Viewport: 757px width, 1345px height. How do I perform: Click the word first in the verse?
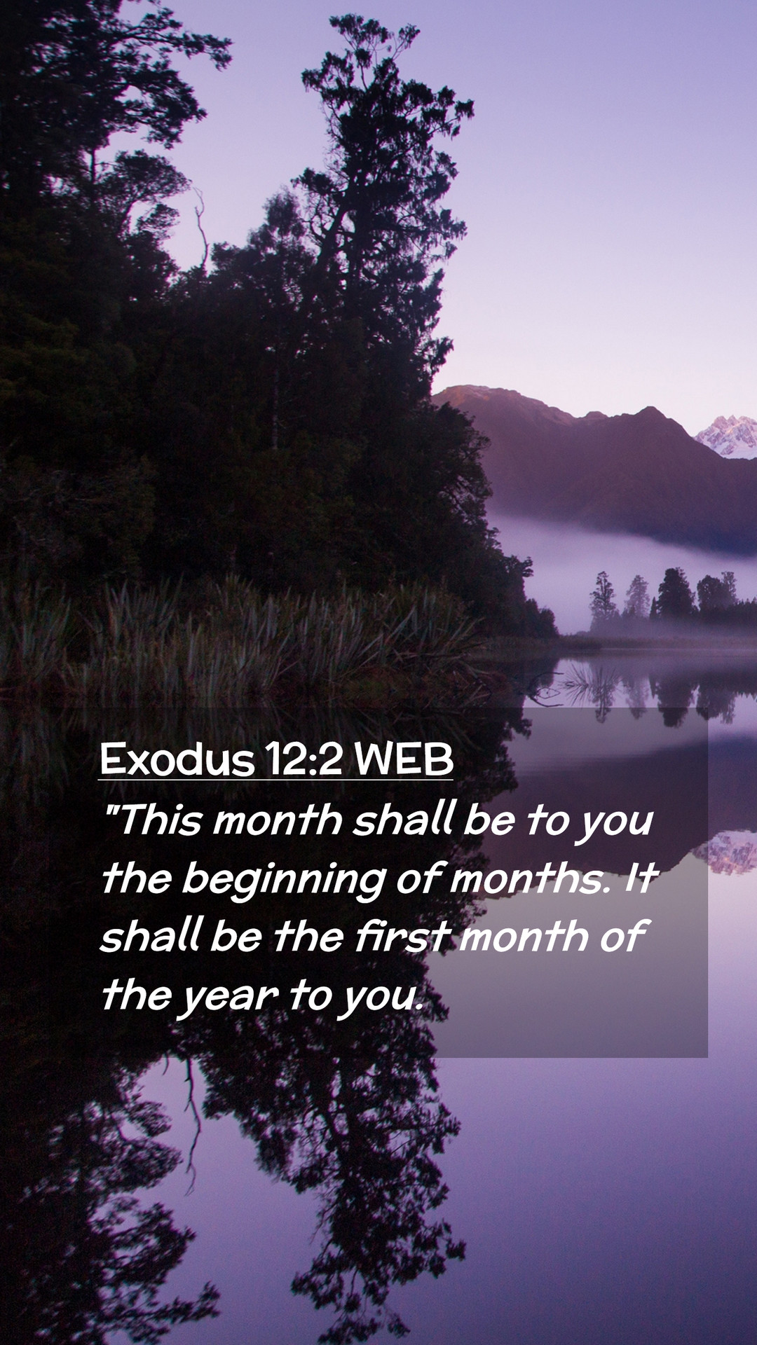click(402, 936)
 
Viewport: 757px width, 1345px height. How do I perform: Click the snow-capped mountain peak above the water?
click(729, 434)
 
